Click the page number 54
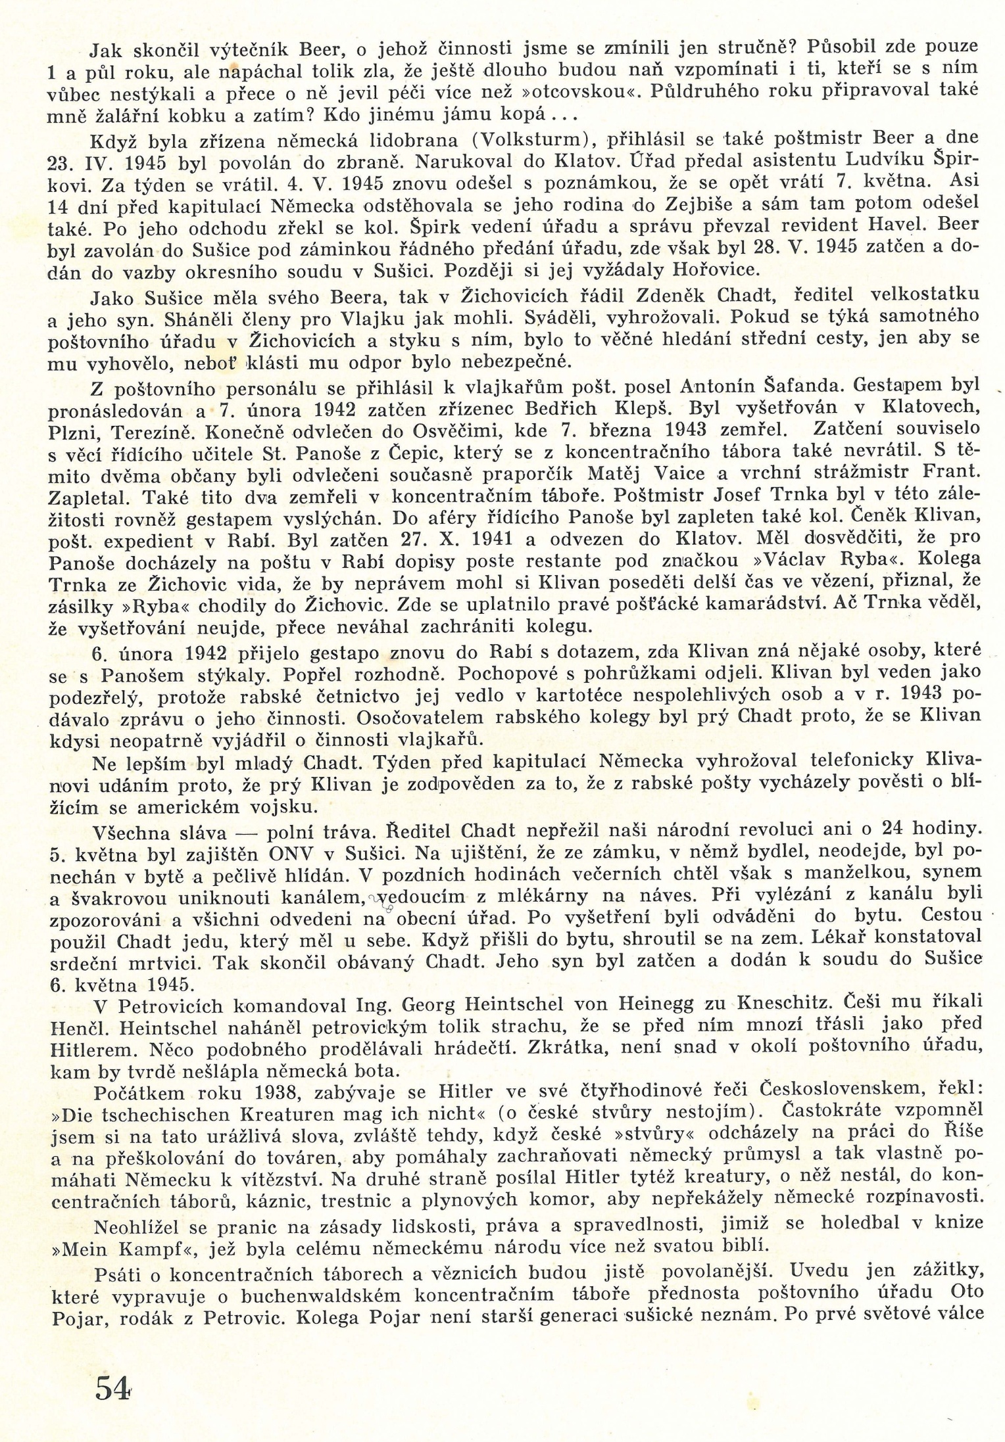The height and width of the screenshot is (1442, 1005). click(x=112, y=1387)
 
